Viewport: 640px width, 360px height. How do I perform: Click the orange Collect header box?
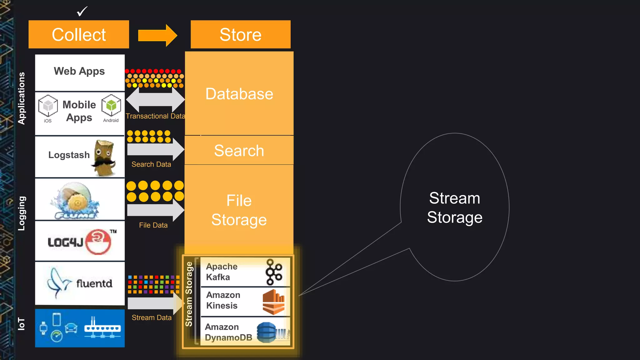(x=79, y=34)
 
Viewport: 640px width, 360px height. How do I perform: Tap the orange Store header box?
(x=240, y=34)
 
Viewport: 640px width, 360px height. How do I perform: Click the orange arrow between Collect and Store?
(x=157, y=35)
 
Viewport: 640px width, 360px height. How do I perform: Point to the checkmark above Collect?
(x=82, y=12)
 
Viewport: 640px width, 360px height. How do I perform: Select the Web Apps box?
(x=80, y=72)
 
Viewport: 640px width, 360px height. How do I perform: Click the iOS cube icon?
(x=48, y=106)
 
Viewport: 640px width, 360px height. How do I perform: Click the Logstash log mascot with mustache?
(x=104, y=158)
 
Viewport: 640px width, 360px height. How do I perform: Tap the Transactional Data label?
(x=155, y=116)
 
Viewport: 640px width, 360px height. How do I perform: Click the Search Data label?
(x=151, y=164)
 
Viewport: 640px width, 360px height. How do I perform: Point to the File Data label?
(x=153, y=225)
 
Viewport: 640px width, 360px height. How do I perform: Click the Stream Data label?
(x=152, y=318)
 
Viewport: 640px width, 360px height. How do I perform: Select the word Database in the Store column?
(x=239, y=94)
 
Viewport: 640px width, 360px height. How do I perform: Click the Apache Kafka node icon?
(x=273, y=272)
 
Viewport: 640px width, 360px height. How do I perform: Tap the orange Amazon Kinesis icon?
(x=273, y=302)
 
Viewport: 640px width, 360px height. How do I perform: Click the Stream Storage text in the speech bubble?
(x=455, y=208)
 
